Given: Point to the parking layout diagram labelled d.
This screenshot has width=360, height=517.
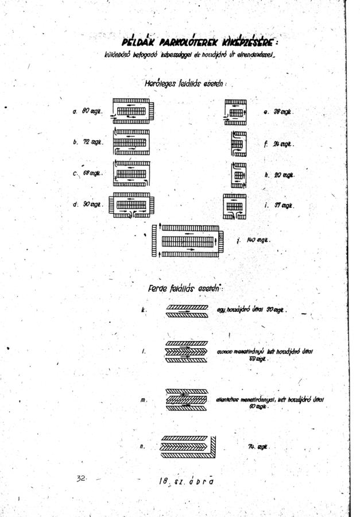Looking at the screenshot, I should point(131,205).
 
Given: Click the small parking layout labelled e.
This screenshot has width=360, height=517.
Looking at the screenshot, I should point(235,111).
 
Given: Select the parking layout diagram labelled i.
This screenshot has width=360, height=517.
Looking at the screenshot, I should point(235,206).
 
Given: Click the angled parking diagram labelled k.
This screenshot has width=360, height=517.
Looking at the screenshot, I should point(187,311).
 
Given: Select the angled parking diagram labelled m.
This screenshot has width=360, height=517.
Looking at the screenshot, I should point(187,399).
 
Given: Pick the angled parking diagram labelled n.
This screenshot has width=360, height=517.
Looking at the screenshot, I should point(189,444).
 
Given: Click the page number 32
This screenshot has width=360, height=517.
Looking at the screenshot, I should point(81,478).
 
